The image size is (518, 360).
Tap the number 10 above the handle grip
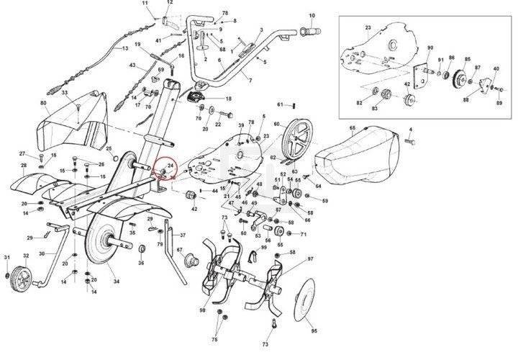312,14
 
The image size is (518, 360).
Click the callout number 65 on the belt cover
353,128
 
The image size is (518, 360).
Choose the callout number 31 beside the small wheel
7,257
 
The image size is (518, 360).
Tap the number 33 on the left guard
65,94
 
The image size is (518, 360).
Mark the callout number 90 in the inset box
430,48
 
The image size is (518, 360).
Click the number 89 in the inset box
499,104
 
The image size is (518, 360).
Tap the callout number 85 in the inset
468,59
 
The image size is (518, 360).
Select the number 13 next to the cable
125,48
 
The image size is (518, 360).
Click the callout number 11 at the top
145,4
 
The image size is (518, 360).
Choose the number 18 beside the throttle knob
229,99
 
